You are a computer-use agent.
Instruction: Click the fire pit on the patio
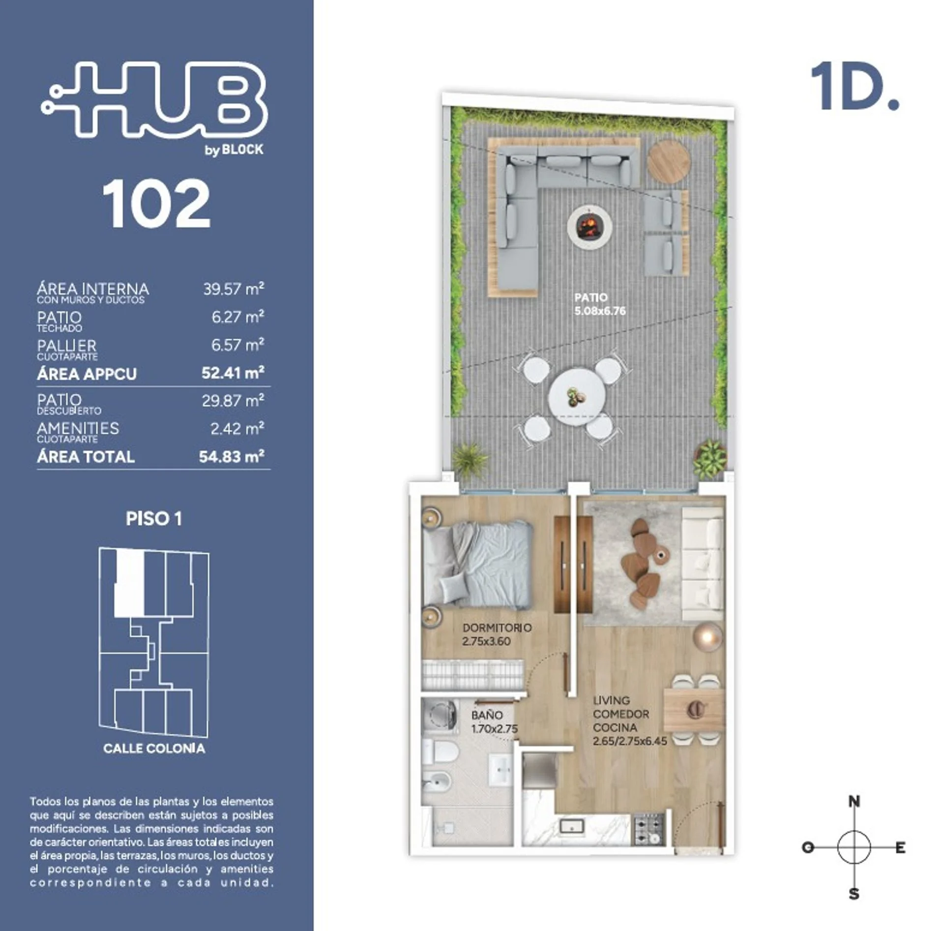pos(589,227)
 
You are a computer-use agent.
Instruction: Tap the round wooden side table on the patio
pos(668,161)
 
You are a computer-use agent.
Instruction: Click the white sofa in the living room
pos(702,564)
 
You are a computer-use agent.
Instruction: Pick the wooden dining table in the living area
pos(694,709)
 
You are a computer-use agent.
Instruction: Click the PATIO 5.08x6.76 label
pos(600,304)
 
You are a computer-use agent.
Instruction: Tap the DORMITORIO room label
pos(497,628)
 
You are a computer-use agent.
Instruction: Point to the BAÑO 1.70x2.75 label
pos(494,722)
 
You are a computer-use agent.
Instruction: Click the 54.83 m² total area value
pos(232,457)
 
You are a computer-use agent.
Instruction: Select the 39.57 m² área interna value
pos(234,289)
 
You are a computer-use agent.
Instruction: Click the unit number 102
pos(156,204)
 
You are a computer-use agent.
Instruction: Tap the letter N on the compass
pos(855,802)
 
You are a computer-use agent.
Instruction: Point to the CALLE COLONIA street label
pos(154,749)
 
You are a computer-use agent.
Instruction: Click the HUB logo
pos(154,99)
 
